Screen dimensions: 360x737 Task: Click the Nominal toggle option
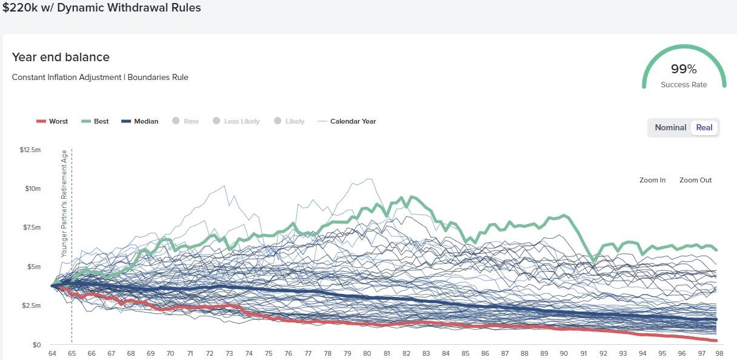[670, 127]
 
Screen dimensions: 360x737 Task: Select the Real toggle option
[704, 127]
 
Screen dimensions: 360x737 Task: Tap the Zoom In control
[652, 180]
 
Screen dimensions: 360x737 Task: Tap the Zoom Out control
[695, 180]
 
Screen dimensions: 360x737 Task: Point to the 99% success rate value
[684, 69]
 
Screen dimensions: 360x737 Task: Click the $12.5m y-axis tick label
[30, 149]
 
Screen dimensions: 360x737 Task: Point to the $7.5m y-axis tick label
[32, 227]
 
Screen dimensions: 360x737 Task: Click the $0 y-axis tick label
[36, 345]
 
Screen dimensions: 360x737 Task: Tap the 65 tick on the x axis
[72, 353]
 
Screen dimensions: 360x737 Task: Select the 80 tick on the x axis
[367, 353]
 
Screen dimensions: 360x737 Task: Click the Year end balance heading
[61, 57]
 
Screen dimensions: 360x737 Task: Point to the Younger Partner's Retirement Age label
[64, 204]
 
